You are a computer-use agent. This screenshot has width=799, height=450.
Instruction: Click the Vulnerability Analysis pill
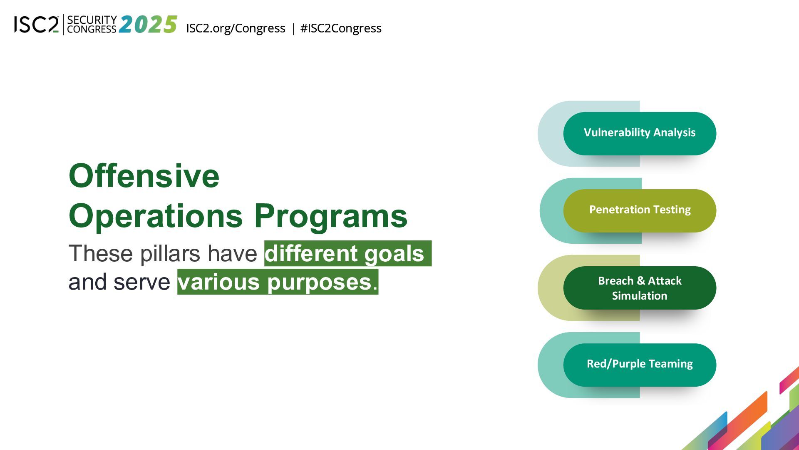click(x=640, y=133)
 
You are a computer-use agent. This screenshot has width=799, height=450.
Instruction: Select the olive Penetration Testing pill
click(x=640, y=210)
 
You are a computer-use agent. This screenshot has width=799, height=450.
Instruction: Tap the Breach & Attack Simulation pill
click(x=640, y=288)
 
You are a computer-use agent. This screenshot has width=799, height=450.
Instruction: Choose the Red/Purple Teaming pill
click(x=640, y=365)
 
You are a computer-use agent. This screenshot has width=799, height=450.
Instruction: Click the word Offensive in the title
click(x=144, y=176)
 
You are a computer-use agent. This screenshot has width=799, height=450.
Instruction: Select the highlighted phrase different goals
click(x=348, y=253)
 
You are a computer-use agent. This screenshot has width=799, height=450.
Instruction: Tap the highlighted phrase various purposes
click(x=278, y=282)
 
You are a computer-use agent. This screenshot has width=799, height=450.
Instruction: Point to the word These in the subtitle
click(x=101, y=253)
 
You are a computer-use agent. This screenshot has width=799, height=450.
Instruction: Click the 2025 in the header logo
click(x=148, y=24)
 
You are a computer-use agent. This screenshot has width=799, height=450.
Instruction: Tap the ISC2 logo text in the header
click(x=37, y=25)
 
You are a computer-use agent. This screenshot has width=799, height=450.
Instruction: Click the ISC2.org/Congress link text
click(x=236, y=28)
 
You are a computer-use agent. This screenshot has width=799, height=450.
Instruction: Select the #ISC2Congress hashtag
click(x=341, y=28)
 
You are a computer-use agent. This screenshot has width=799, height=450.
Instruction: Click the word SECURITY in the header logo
click(x=92, y=20)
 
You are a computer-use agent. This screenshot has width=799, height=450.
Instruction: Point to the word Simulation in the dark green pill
click(x=640, y=296)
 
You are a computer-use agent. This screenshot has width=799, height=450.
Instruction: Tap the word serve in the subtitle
click(x=142, y=282)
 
